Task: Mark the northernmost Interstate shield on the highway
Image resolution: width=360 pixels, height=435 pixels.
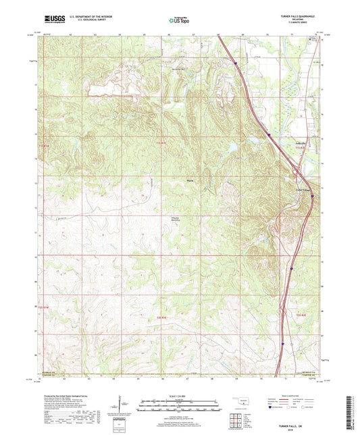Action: point(236,63)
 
